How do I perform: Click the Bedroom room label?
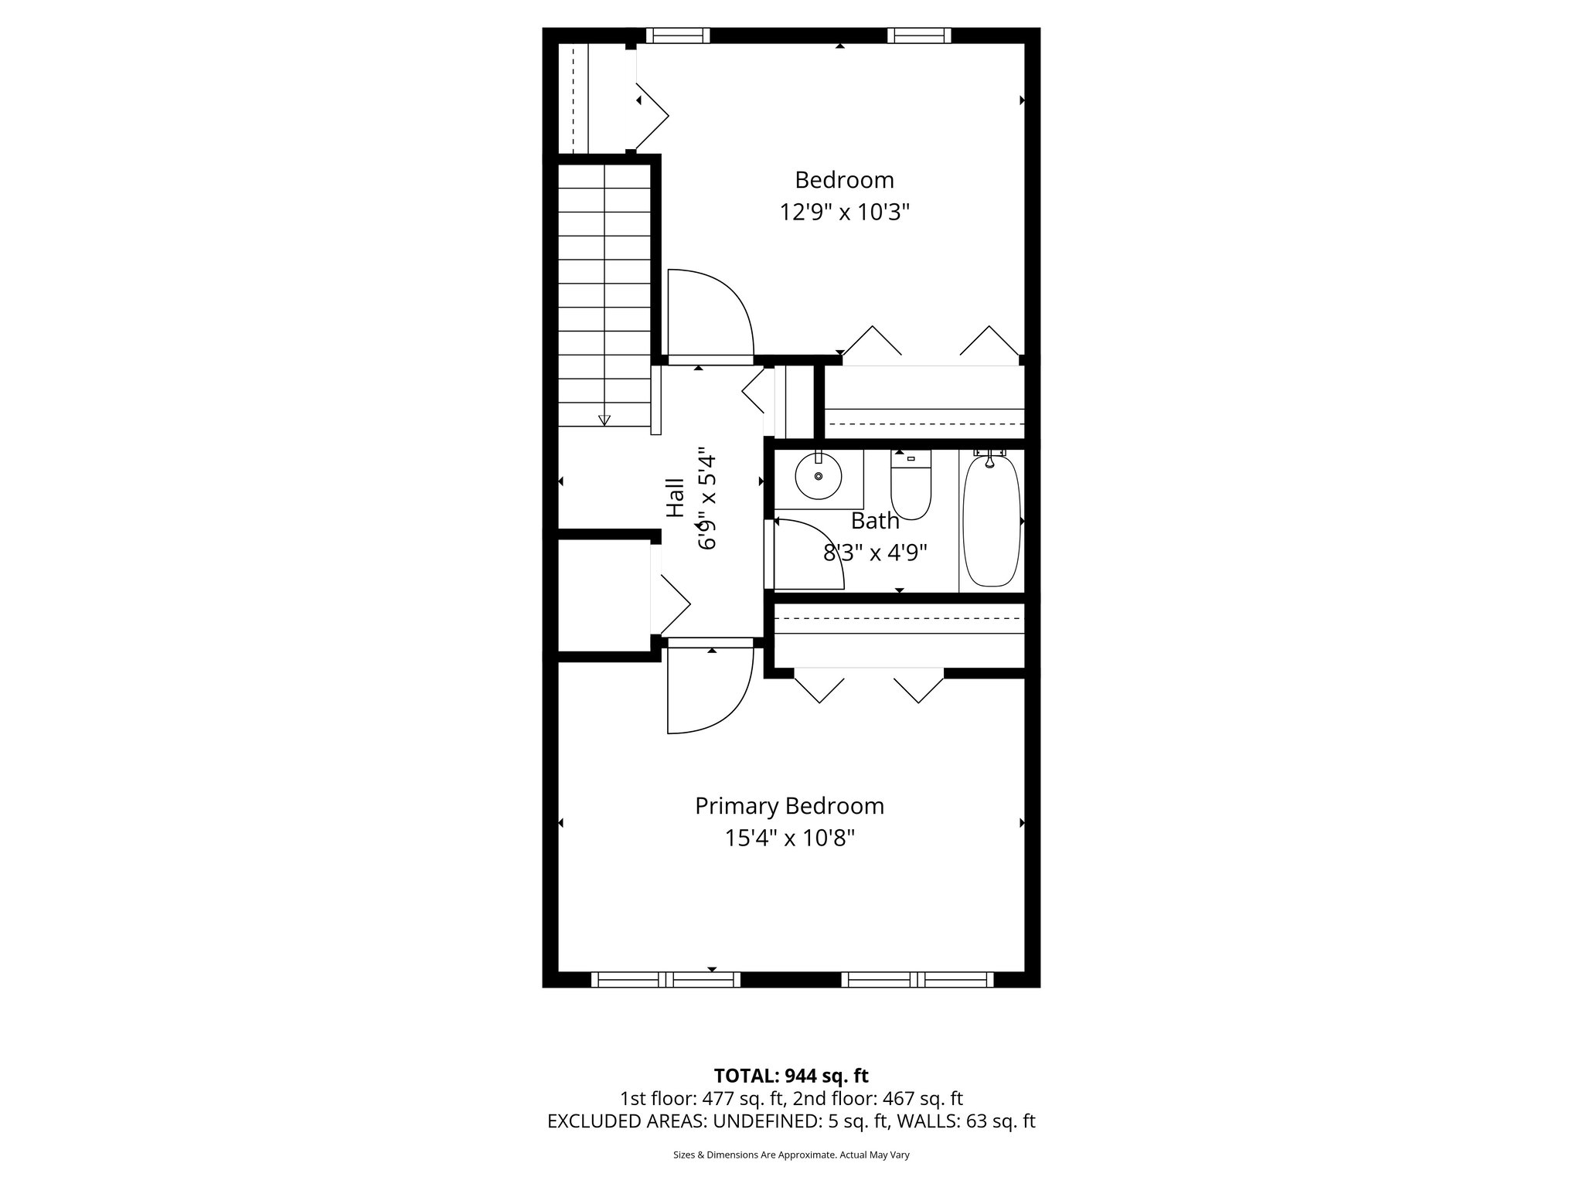click(x=844, y=180)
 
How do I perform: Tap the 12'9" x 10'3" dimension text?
click(x=844, y=213)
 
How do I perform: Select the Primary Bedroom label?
click(x=789, y=806)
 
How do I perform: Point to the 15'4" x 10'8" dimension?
click(x=789, y=838)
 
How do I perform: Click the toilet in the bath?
click(x=911, y=487)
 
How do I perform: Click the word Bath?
click(x=875, y=522)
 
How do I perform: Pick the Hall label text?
click(x=676, y=498)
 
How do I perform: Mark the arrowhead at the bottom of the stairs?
click(x=604, y=420)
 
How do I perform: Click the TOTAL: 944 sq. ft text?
click(x=791, y=1076)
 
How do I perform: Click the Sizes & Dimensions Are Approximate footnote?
click(x=791, y=1155)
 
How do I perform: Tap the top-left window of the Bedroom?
click(x=677, y=36)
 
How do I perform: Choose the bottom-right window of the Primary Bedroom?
click(x=917, y=980)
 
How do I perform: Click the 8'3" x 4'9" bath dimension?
click(x=875, y=553)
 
